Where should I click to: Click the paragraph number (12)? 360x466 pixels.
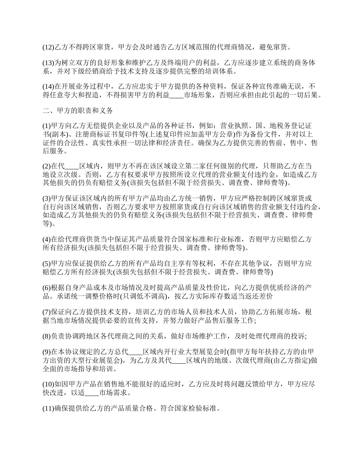click(x=49, y=48)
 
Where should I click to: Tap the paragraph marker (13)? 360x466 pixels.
click(x=49, y=63)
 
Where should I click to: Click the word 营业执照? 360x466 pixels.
click(x=234, y=126)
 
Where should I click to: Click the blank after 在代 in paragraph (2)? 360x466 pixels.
click(x=72, y=166)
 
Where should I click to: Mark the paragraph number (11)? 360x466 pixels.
click(x=49, y=409)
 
